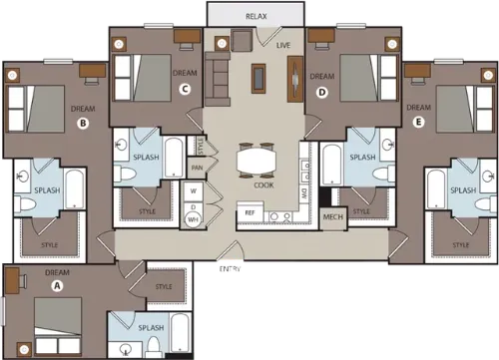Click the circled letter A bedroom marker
(x=56, y=284)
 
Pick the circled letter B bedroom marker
(x=84, y=124)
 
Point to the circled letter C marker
(x=185, y=89)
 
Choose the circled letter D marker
(x=321, y=92)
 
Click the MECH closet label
(x=333, y=216)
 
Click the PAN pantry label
(x=198, y=167)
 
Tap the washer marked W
(x=193, y=189)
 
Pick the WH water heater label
(x=194, y=218)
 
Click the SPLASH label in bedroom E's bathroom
(x=463, y=189)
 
